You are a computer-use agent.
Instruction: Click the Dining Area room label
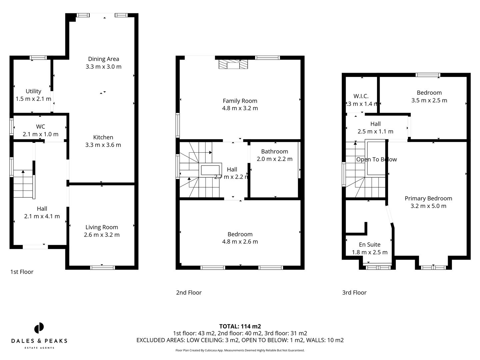click(103, 59)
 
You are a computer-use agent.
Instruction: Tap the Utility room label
click(33, 91)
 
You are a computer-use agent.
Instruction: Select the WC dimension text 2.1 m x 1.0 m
click(40, 134)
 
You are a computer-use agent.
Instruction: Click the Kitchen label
click(103, 137)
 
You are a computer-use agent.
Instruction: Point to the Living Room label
click(102, 227)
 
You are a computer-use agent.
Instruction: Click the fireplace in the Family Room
click(233, 64)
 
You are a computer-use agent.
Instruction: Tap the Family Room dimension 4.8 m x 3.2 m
click(240, 108)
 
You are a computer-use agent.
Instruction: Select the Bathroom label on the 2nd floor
click(274, 152)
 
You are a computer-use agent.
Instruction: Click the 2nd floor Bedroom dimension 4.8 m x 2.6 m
click(240, 242)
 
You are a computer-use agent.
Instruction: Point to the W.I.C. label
click(361, 96)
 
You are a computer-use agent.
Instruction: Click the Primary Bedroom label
click(428, 199)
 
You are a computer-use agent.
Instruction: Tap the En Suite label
click(370, 245)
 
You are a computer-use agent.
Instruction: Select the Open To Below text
click(376, 160)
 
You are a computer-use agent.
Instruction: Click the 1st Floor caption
click(22, 272)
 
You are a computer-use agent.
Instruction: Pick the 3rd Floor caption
click(354, 293)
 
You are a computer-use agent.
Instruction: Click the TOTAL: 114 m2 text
click(240, 327)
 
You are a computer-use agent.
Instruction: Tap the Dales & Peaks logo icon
click(39, 328)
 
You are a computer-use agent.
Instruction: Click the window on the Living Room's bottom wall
click(102, 267)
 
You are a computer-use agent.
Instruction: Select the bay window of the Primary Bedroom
click(433, 267)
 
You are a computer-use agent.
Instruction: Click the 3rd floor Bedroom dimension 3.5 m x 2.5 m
click(429, 100)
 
